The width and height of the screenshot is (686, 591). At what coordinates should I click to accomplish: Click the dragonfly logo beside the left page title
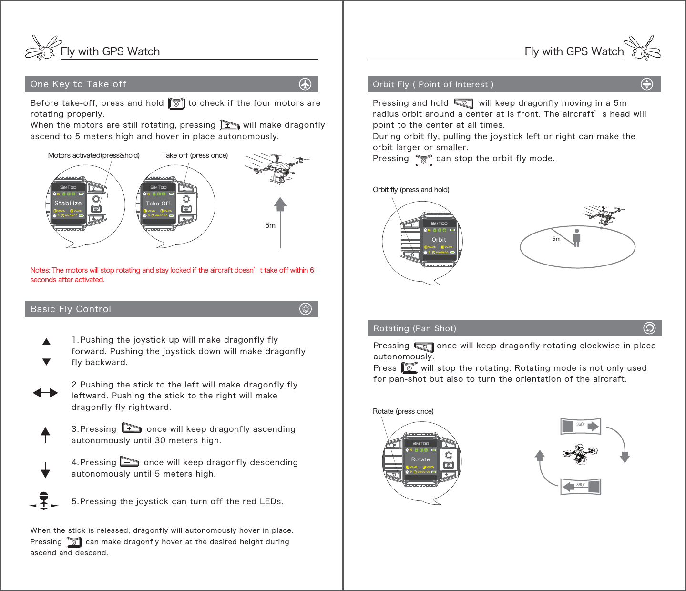pos(43,48)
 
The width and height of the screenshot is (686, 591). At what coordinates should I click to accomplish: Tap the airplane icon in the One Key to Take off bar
pos(305,84)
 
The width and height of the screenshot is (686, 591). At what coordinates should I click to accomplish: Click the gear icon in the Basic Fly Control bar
pos(306,309)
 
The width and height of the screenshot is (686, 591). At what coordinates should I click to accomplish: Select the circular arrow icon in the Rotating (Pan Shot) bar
pos(649,328)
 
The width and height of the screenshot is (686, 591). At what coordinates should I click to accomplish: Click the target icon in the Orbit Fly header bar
pos(646,84)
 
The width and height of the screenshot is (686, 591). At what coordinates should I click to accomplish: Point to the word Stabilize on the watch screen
pos(68,203)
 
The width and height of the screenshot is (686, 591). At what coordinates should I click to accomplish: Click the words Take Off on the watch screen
pos(158,204)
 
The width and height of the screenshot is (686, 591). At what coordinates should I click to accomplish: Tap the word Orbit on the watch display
pos(439,240)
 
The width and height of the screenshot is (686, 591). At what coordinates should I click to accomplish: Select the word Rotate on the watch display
pos(420,459)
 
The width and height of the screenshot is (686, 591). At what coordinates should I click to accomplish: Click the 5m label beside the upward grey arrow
pos(270,225)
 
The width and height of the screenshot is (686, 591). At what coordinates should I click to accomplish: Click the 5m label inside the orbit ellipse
pos(556,239)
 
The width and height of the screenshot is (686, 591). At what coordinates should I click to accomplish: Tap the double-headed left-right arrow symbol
pos(45,393)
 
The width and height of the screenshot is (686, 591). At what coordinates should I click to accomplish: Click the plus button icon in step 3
pos(131,428)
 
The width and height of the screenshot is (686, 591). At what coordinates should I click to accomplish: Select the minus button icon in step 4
pos(129,461)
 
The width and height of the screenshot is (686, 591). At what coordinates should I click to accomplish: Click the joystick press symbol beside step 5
pos(44,500)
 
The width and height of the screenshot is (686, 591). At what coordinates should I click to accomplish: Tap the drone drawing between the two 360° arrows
pos(580,454)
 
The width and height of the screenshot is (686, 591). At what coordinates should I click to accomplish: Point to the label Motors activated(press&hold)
pos(94,155)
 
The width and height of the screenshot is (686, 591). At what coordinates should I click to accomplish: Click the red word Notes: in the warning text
pos(40,270)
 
